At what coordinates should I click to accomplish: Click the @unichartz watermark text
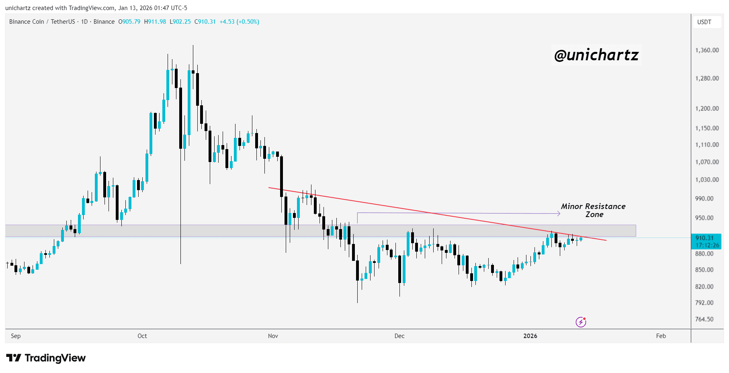(x=596, y=55)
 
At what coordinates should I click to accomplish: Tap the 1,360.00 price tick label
(x=707, y=50)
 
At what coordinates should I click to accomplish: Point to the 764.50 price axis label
(x=704, y=319)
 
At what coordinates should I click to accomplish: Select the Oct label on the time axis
(x=142, y=336)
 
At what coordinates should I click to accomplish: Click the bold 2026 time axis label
(x=530, y=336)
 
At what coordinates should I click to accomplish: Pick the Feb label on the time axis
(x=661, y=336)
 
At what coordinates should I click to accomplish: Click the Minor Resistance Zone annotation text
(x=593, y=210)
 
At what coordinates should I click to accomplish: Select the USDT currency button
(x=704, y=22)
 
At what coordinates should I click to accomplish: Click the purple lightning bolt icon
(x=581, y=322)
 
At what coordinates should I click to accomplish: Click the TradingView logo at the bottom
(x=46, y=358)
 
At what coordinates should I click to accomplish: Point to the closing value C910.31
(x=205, y=22)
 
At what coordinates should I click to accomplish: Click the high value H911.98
(x=155, y=22)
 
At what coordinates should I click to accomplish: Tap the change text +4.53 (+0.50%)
(x=239, y=22)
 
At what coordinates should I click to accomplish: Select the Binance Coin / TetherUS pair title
(x=42, y=22)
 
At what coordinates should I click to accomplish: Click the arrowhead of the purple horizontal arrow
(x=559, y=213)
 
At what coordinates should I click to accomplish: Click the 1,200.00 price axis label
(x=707, y=109)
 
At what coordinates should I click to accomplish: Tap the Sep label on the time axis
(x=16, y=336)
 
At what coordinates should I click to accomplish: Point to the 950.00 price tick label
(x=704, y=218)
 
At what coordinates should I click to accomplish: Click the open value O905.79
(x=129, y=22)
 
